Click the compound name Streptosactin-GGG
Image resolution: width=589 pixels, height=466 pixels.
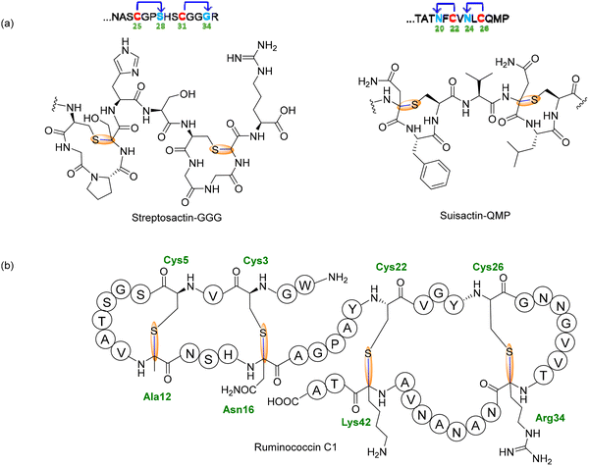[x=177, y=218]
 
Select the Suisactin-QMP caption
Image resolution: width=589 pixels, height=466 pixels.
[x=475, y=216]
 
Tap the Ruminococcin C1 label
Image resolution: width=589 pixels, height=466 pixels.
[x=295, y=447]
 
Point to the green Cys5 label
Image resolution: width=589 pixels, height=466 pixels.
[x=176, y=260]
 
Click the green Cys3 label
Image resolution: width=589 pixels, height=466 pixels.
[x=255, y=260]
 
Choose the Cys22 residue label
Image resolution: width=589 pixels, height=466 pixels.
[x=392, y=267]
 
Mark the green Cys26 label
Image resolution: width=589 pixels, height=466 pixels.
[x=488, y=267]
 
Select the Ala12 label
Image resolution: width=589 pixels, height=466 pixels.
[x=157, y=396]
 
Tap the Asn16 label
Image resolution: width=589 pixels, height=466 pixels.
[x=239, y=409]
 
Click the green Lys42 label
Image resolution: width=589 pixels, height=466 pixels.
[x=356, y=422]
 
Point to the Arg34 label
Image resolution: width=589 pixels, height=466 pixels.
[x=550, y=418]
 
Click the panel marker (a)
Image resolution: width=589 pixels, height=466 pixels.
[x=8, y=24]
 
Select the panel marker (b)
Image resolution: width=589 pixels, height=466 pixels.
[x=8, y=266]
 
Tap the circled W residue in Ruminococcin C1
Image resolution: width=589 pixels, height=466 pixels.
[x=305, y=285]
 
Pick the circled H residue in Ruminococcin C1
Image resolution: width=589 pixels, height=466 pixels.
[x=228, y=355]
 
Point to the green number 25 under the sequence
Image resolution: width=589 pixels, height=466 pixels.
[x=137, y=26]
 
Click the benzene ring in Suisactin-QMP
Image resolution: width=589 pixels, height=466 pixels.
[x=435, y=175]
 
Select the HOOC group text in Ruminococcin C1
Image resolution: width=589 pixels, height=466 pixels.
[x=283, y=402]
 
